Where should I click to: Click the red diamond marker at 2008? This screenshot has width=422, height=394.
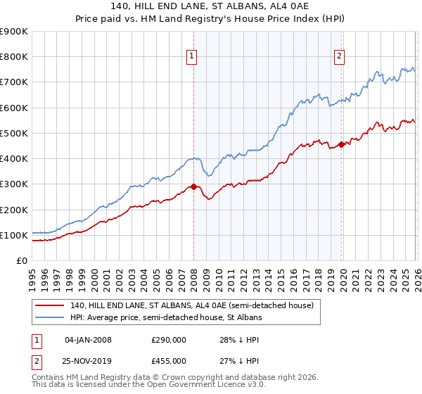coord(193,187)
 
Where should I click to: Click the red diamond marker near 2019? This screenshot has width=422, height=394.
coord(341,145)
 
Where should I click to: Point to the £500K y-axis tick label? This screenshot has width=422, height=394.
coord(13,133)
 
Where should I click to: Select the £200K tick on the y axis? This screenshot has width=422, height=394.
coord(13,210)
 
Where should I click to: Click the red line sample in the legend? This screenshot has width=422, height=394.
coord(50,305)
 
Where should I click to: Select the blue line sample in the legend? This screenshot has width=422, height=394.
coord(50,318)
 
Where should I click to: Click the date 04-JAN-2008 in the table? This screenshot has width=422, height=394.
coord(88,340)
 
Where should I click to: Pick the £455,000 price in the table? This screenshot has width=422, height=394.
coord(169,361)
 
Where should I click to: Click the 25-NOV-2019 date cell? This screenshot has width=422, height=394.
coord(88,361)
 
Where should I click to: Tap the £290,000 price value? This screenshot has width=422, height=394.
coord(169,340)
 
